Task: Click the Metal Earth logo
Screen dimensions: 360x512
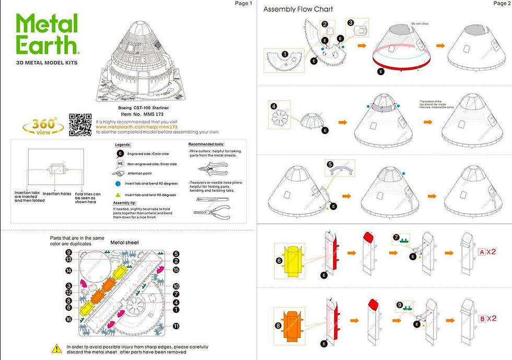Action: tap(48, 34)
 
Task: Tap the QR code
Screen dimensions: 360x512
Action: tap(80, 124)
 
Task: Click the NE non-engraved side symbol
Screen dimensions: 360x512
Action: tap(120, 164)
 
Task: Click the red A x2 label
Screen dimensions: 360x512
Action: tap(487, 251)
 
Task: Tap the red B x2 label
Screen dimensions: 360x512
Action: tap(487, 318)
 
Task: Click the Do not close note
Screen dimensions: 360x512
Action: tap(419, 24)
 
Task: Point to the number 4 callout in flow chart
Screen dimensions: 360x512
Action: tap(274, 106)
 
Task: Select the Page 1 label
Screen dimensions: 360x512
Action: tap(243, 4)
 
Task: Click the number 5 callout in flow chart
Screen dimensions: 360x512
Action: tap(330, 164)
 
